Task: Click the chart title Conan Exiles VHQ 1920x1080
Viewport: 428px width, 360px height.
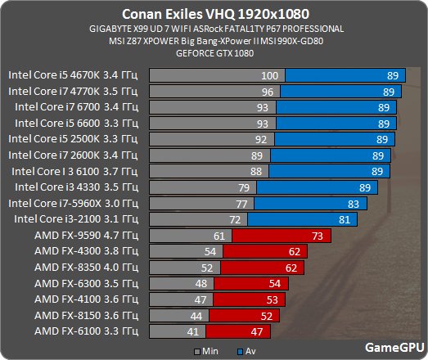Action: (x=214, y=13)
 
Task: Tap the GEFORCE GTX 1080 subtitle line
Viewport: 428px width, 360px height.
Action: (x=214, y=53)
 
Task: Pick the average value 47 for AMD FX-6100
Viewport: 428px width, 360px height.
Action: (x=257, y=331)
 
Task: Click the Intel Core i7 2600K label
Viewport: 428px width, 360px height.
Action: (x=74, y=155)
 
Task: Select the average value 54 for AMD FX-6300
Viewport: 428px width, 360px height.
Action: (x=275, y=283)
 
